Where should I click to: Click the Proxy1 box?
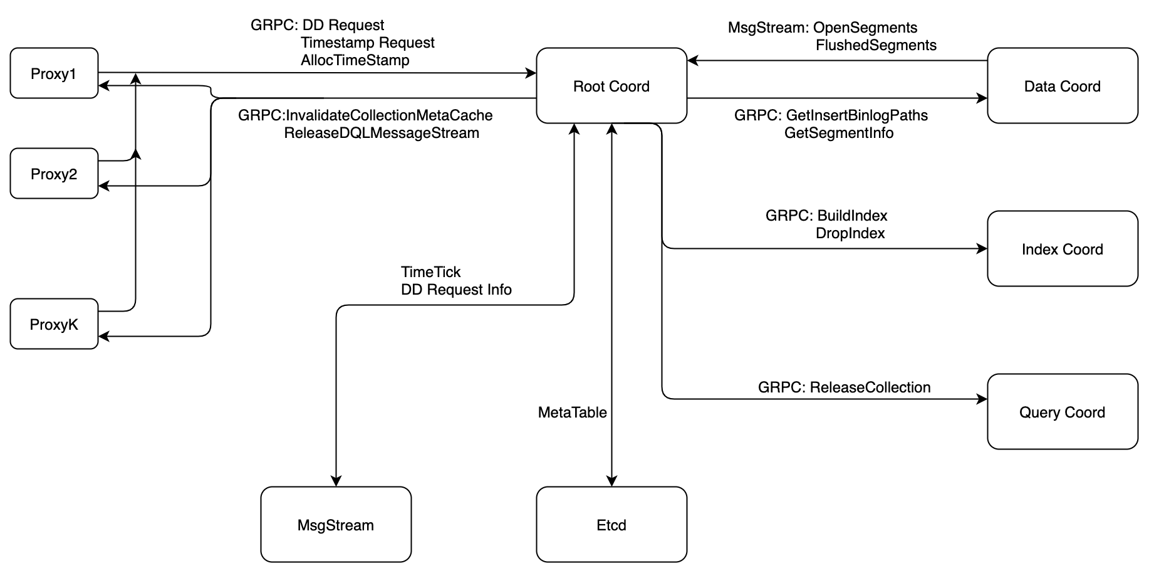click(54, 73)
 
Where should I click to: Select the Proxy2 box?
click(54, 174)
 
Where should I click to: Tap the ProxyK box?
click(54, 324)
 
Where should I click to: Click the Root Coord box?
click(611, 86)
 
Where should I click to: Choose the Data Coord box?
click(1062, 86)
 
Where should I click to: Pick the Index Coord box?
click(1062, 249)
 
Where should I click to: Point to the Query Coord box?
click(1062, 412)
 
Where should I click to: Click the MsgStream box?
click(336, 525)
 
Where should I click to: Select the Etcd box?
click(611, 525)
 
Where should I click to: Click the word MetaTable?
click(572, 413)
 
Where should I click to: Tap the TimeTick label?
click(430, 272)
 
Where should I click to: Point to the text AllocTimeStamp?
click(355, 60)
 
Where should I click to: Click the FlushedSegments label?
click(876, 45)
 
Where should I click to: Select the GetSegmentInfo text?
click(838, 133)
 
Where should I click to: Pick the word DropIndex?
click(850, 233)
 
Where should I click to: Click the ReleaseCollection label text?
click(870, 387)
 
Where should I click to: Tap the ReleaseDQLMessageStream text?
click(381, 133)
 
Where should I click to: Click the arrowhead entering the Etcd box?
click(611, 481)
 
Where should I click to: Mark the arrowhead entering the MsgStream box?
click(336, 481)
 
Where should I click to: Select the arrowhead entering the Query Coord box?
click(982, 399)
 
